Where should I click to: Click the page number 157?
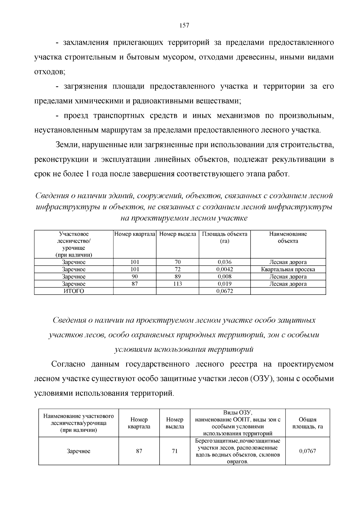point(184,25)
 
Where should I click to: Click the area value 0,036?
point(224,262)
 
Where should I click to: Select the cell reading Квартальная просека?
point(288,269)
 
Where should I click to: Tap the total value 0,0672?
point(224,291)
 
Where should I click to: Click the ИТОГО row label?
point(73,291)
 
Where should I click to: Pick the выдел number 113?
point(177,284)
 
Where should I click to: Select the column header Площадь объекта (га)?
point(224,237)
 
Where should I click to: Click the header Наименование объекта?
point(288,237)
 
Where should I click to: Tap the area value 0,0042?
point(224,269)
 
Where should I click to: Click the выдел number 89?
point(177,277)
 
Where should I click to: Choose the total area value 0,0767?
point(307,451)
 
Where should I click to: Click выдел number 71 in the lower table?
point(175,451)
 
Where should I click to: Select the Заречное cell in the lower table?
point(78,451)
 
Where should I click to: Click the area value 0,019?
point(224,284)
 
